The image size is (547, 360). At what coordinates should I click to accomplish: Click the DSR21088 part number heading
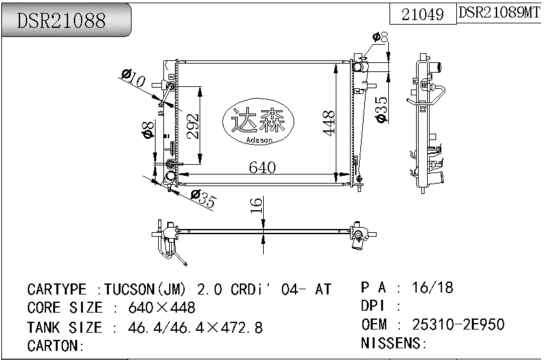coord(62,21)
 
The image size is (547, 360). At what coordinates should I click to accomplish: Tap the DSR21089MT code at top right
coord(499,13)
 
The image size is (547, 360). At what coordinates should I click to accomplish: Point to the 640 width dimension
coord(262,167)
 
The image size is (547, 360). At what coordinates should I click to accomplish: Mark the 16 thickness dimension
coord(257,206)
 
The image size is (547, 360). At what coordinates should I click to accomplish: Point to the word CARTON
coord(54,346)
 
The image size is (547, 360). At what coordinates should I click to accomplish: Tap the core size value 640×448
coord(162,308)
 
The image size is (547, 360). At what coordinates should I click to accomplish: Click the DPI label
coord(374,306)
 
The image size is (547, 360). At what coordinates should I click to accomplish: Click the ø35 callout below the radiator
coord(203,198)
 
